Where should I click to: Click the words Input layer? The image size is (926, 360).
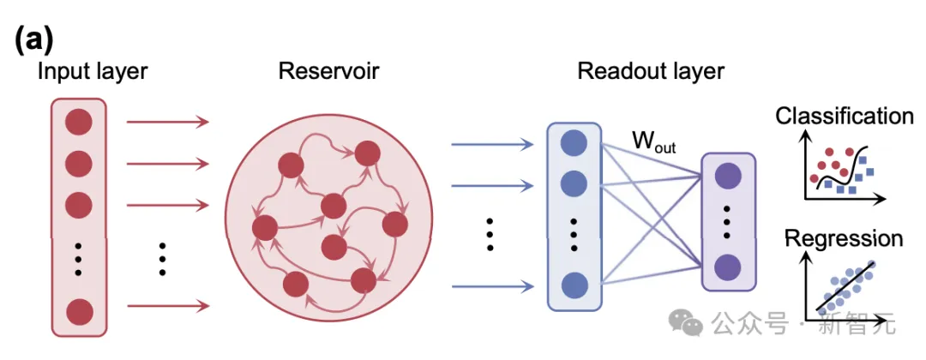pyautogui.click(x=92, y=71)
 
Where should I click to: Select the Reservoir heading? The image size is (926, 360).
pyautogui.click(x=329, y=71)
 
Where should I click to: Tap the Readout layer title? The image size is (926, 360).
pyautogui.click(x=651, y=71)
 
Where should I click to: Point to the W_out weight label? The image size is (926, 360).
pyautogui.click(x=653, y=142)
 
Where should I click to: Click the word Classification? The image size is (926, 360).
pyautogui.click(x=845, y=116)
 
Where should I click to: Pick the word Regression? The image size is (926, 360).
pyautogui.click(x=844, y=238)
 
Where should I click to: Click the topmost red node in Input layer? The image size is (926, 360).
pyautogui.click(x=78, y=122)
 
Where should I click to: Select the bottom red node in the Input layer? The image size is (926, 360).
pyautogui.click(x=78, y=310)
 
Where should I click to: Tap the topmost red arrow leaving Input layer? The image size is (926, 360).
pyautogui.click(x=168, y=122)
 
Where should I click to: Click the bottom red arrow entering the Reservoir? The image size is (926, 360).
pyautogui.click(x=168, y=305)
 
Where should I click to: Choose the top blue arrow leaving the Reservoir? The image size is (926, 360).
pyautogui.click(x=492, y=144)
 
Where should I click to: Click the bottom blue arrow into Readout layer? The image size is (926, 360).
pyautogui.click(x=492, y=285)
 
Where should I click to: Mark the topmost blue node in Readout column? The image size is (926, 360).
pyautogui.click(x=573, y=143)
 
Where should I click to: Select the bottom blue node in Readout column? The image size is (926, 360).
pyautogui.click(x=573, y=285)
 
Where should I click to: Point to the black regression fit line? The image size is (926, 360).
pyautogui.click(x=845, y=287)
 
